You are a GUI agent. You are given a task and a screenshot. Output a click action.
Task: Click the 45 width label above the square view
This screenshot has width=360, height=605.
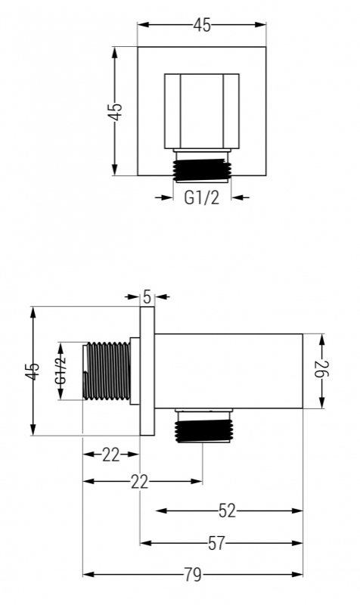point(202,25)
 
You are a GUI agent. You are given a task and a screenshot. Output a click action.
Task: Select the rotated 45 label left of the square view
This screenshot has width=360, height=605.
point(115,111)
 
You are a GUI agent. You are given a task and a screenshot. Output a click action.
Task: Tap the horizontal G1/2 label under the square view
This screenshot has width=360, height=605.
point(201,197)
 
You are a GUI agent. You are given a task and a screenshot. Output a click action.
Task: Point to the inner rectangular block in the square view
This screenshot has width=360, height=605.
point(202,111)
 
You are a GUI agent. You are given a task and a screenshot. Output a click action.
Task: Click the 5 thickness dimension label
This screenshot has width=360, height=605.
point(147,296)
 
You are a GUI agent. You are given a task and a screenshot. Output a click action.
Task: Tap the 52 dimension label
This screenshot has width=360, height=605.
point(227,511)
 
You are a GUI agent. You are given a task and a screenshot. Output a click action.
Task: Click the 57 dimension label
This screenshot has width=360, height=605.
point(216,543)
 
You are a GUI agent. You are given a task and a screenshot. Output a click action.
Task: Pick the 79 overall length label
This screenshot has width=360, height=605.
point(193,575)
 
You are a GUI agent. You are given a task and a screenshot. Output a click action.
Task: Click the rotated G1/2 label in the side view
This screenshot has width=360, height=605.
point(61,371)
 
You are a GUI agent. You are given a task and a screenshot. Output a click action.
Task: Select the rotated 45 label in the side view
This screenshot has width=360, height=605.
point(33,371)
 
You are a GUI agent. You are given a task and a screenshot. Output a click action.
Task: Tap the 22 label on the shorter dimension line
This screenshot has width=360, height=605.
point(110,455)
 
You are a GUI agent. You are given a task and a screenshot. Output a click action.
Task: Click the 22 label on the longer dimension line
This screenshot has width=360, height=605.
point(139,482)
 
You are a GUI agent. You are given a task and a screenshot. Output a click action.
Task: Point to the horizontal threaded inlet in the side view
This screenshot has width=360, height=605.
point(107,371)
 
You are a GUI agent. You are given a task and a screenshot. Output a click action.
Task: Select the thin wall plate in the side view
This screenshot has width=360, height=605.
point(147,371)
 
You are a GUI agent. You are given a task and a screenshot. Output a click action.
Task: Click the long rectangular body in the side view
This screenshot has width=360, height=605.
point(229,371)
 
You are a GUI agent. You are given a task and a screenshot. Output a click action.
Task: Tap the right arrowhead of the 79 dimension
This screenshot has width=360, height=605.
point(297,575)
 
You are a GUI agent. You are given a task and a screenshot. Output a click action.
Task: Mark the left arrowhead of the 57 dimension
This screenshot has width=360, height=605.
point(145,543)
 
